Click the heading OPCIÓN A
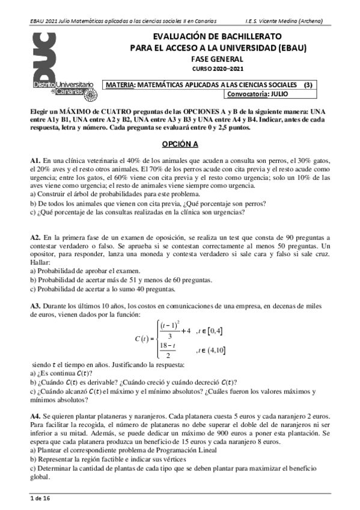tap(180, 144)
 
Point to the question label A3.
tap(35, 306)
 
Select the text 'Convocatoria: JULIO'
tap(257, 94)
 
